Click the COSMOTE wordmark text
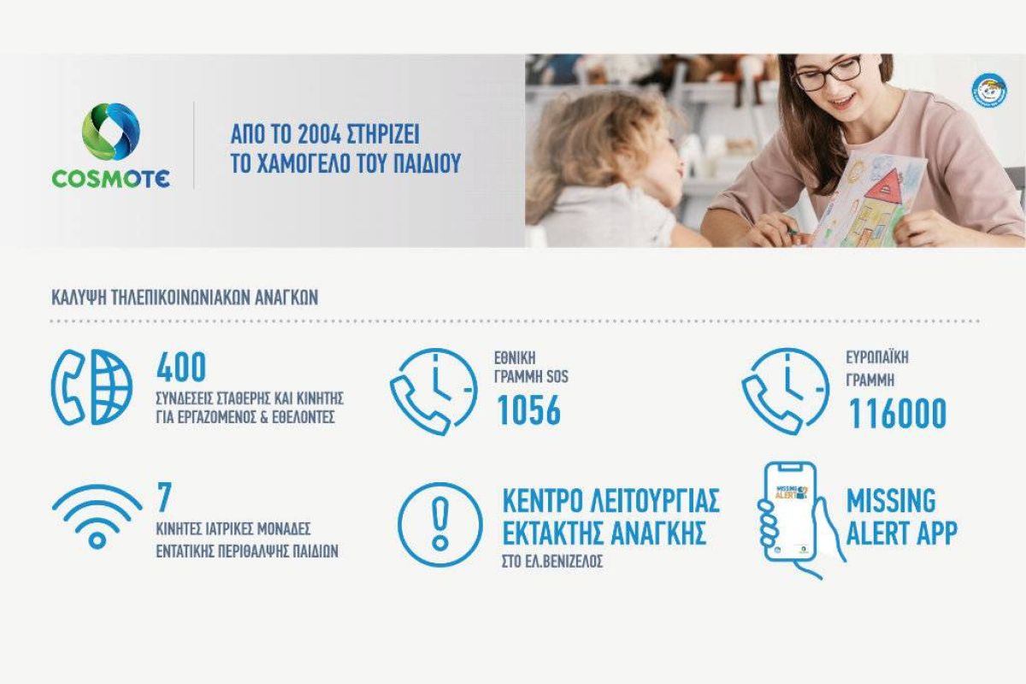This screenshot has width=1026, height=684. pos(111,179)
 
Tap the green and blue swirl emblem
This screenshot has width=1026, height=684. pos(111,132)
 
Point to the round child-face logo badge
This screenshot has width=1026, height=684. pos(989,91)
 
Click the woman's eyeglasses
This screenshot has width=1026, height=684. pos(828,73)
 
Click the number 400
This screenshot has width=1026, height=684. pos(181,367)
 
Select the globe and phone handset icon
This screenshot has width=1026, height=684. pos(91,387)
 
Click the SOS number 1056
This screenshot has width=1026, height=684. pos(529,410)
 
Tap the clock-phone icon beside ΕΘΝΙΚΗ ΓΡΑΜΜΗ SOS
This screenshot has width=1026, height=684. pos(433,392)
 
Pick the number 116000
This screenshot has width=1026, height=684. pos(897,413)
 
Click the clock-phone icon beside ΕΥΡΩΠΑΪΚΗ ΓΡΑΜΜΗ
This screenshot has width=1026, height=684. pos(785,392)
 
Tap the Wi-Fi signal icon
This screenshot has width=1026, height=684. pos(97,516)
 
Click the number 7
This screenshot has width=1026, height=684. pos(164,497)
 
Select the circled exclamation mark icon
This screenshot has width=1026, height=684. pos(439,524)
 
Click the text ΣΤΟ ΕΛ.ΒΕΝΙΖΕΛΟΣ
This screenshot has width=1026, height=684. pos(552,562)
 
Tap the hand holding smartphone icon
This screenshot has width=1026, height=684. pos(799,521)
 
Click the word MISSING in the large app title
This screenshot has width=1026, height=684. pos(891,501)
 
